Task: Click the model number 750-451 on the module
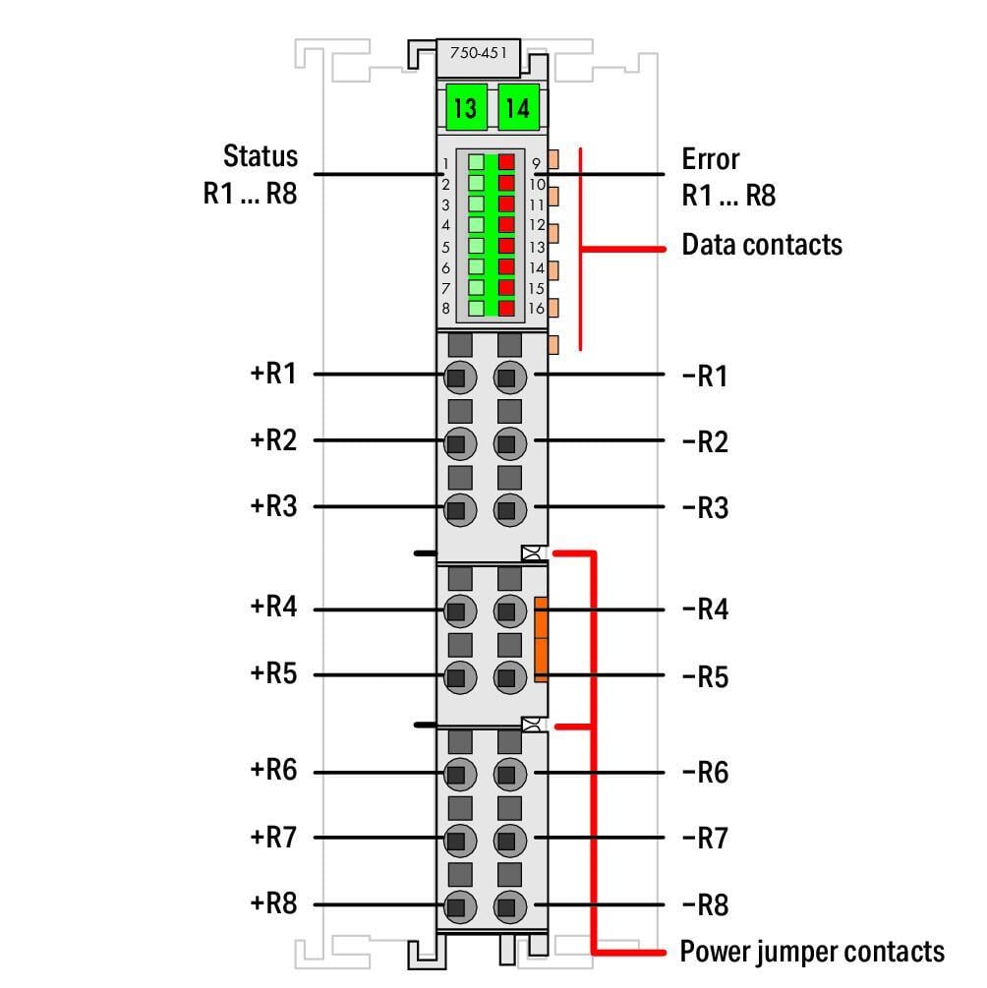(x=478, y=53)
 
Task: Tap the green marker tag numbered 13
(x=466, y=107)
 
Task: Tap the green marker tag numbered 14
(x=518, y=107)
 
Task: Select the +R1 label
(x=273, y=374)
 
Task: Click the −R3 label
(x=705, y=508)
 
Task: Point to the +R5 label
(x=273, y=673)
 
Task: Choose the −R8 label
(x=705, y=905)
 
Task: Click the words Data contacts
(x=762, y=245)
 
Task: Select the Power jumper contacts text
(x=812, y=952)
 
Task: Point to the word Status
(x=261, y=156)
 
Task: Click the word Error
(x=711, y=159)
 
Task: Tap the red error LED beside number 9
(x=506, y=162)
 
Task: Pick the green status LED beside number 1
(x=477, y=162)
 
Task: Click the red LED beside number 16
(x=506, y=308)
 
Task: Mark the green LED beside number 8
(x=477, y=308)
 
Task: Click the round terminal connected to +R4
(x=460, y=610)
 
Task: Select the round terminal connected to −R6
(x=510, y=774)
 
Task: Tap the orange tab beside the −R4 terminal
(x=541, y=639)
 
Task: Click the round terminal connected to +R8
(x=460, y=906)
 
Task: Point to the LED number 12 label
(x=537, y=225)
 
